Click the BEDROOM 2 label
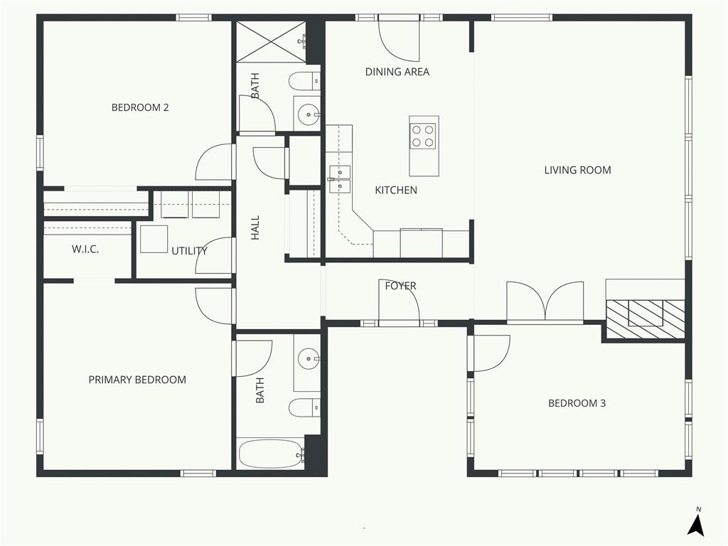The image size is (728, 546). tap(140, 108)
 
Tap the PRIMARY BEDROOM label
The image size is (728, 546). tap(137, 380)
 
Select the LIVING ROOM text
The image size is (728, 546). tap(577, 170)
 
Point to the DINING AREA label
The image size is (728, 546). tap(397, 72)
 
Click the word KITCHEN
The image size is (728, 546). tap(396, 190)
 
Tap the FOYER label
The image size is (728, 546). tap(401, 286)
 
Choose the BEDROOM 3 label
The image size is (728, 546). tap(577, 403)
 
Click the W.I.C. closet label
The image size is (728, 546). tap(85, 250)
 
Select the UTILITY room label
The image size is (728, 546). tap(189, 251)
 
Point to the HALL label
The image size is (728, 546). tap(255, 227)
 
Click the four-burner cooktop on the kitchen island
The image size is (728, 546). tap(423, 136)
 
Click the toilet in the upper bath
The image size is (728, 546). tap(304, 82)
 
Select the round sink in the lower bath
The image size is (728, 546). tap(307, 358)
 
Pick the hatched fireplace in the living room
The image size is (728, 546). tap(646, 319)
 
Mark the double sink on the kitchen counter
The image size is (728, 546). tap(339, 178)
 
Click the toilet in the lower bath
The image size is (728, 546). tap(304, 407)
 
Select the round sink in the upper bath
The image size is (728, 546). tap(307, 114)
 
